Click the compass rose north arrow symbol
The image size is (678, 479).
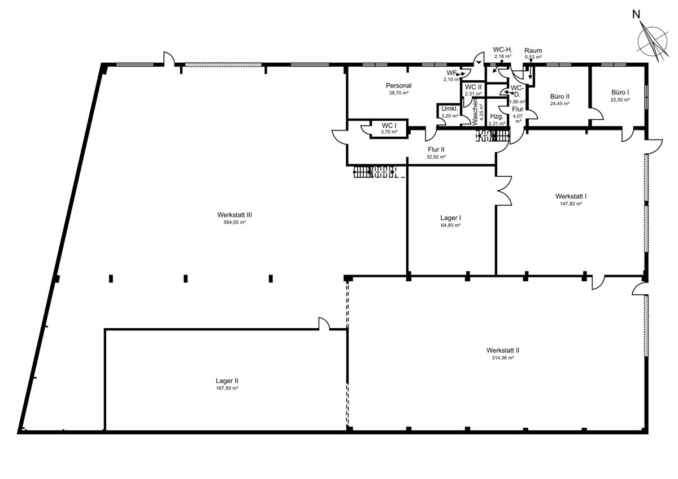(653, 45)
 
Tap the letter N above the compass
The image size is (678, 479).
(636, 14)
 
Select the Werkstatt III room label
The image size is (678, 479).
(234, 215)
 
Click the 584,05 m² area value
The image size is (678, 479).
(234, 223)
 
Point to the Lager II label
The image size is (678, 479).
(227, 381)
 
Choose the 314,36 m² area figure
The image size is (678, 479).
(503, 358)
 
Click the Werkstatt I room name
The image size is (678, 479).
(571, 196)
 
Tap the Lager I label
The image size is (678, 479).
(451, 218)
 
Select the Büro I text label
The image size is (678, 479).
(620, 92)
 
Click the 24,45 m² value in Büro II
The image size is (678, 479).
(560, 103)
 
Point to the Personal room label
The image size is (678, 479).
(399, 86)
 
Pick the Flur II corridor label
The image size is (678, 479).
(436, 150)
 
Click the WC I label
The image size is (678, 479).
(389, 125)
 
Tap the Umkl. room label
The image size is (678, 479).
(450, 109)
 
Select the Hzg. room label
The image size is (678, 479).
(497, 116)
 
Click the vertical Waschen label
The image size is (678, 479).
(475, 112)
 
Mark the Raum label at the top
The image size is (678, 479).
(533, 50)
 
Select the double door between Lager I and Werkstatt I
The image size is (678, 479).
(503, 190)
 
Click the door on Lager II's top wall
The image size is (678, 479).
(324, 324)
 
